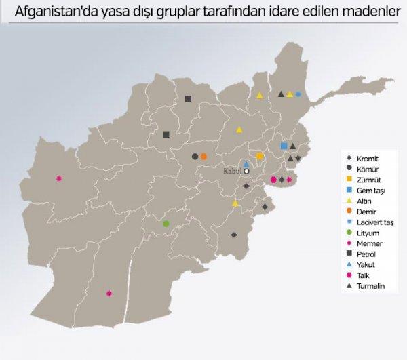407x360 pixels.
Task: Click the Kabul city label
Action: tap(232, 172)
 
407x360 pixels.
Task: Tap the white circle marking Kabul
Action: tap(248, 172)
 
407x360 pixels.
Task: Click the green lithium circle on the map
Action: tap(166, 223)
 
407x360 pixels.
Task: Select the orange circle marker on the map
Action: tap(203, 157)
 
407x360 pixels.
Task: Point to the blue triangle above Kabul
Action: tap(247, 164)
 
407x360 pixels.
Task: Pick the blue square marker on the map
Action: tap(284, 146)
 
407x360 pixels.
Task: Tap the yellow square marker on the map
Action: tap(260, 157)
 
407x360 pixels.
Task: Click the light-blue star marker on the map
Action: tap(298, 94)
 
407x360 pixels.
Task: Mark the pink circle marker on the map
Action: tap(273, 180)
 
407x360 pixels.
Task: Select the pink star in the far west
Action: tap(60, 178)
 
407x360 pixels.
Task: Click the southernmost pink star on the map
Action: tap(109, 293)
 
